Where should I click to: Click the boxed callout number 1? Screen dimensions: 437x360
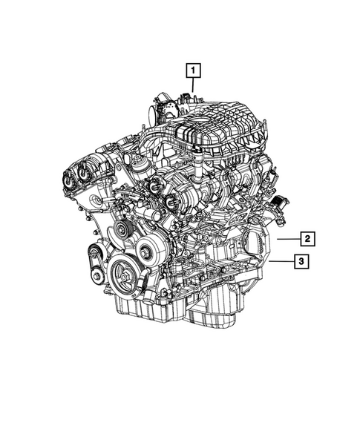(192, 71)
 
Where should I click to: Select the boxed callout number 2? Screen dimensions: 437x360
(305, 238)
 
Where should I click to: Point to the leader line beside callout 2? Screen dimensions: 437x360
(285, 238)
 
